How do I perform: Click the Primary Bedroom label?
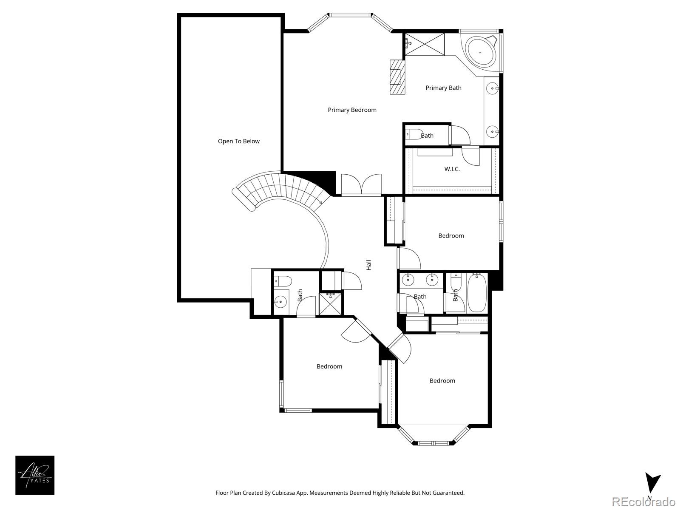click(x=352, y=110)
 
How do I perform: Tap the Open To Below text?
click(x=238, y=142)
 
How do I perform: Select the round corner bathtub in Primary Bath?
click(x=480, y=52)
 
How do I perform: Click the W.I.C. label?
click(x=452, y=169)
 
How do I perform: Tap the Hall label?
click(x=369, y=265)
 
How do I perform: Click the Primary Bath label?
click(x=443, y=88)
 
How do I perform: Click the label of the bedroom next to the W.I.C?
click(x=451, y=236)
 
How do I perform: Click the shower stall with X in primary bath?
click(x=425, y=44)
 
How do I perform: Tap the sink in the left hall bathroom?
click(x=280, y=302)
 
